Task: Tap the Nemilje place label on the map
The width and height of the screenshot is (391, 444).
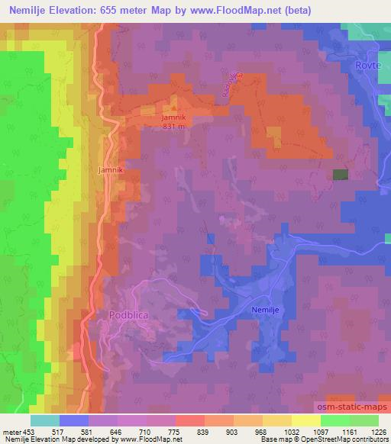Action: click(x=267, y=310)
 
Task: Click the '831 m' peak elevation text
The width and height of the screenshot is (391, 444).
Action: click(x=173, y=127)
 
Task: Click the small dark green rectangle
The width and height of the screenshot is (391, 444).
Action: click(x=341, y=175)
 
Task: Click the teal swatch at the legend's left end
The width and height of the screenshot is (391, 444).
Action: click(x=45, y=420)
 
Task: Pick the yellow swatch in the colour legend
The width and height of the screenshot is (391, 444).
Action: click(x=305, y=420)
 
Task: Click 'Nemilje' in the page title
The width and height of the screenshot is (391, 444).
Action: click(x=30, y=10)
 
